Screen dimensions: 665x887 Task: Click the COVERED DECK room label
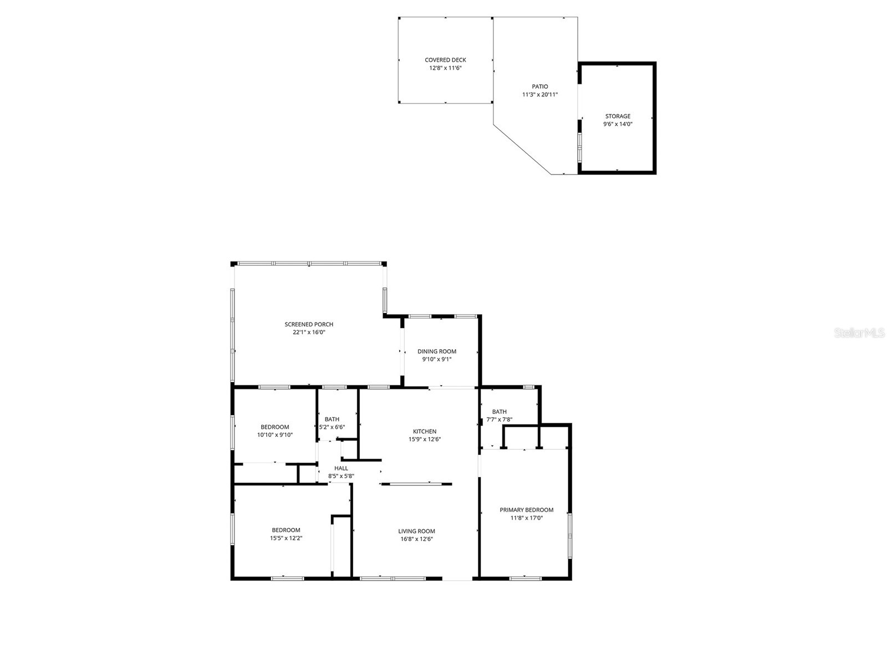[445, 60]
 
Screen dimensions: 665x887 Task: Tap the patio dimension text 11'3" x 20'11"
[539, 95]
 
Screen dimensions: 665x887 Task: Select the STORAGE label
[618, 116]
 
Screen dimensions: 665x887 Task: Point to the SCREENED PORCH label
[309, 325]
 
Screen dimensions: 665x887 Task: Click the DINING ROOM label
[437, 351]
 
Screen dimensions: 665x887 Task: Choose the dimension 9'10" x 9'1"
[437, 359]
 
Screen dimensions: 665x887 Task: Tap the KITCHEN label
[425, 432]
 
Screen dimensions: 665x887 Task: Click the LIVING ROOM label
[416, 531]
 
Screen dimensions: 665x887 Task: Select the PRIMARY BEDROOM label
[526, 510]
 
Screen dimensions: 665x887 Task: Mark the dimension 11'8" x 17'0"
[526, 518]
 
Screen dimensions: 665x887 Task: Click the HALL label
[341, 468]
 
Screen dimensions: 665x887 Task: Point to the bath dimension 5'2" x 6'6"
[332, 427]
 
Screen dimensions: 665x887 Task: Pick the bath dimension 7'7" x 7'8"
[499, 420]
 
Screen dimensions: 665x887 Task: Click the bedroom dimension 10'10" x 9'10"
[274, 435]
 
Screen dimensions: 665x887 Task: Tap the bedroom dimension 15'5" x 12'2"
[286, 538]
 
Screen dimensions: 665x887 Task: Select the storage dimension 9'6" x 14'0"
[618, 124]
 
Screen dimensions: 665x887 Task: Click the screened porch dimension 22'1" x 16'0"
[309, 332]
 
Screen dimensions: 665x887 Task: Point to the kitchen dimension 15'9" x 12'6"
[425, 439]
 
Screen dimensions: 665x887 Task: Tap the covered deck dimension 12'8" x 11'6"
[445, 68]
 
